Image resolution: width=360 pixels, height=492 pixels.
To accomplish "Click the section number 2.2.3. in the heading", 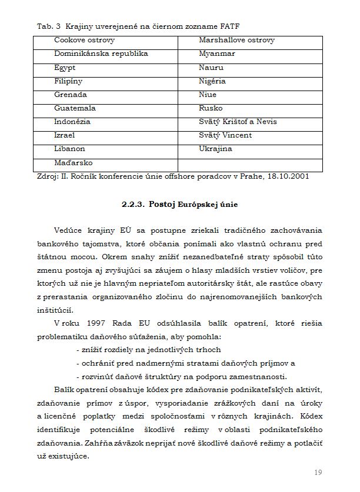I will point(134,205).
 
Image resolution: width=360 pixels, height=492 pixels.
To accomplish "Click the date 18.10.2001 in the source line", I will point(287,175).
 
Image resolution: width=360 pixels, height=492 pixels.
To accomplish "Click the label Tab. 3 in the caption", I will point(49,27).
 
